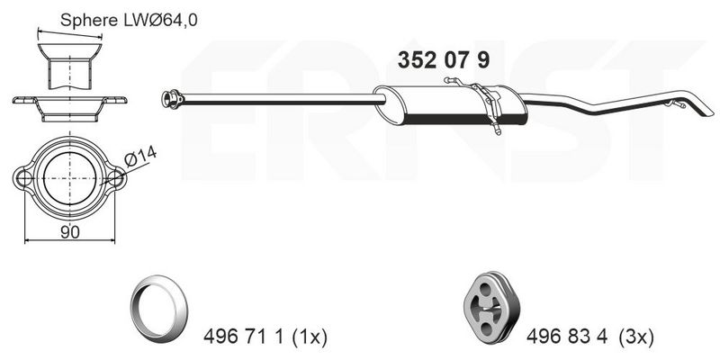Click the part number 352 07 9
coord(444,60)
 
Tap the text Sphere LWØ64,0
coord(129,20)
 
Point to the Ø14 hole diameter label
coord(140,156)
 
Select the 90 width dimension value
coord(69,232)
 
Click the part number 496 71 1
coord(243,338)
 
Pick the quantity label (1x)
coord(309,338)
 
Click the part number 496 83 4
coord(567,338)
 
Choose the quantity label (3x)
coord(636,338)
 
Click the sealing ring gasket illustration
coord(159,304)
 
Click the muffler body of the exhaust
coord(450,105)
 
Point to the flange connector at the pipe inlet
coord(172,99)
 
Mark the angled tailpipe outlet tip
coord(700,107)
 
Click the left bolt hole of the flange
coord(23,177)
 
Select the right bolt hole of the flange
coord(115,178)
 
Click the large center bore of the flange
coord(70,178)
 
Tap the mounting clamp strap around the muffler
coord(488,106)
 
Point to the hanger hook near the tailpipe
coord(677,103)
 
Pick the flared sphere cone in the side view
coord(69,51)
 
